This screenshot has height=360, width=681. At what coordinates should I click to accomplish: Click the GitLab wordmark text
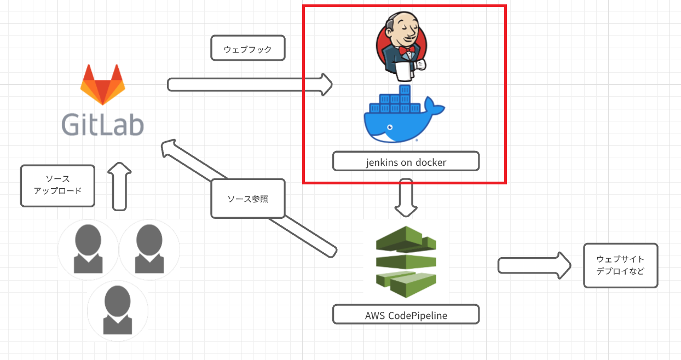(x=102, y=124)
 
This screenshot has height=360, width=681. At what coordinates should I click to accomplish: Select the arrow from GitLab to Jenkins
(x=249, y=84)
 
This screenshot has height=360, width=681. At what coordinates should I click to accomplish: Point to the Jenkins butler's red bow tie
(x=406, y=51)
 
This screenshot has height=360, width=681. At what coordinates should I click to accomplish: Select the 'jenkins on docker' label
(x=406, y=162)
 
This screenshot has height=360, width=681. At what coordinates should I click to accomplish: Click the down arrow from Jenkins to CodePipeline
(x=406, y=197)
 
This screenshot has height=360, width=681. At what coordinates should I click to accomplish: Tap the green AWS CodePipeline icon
(x=406, y=262)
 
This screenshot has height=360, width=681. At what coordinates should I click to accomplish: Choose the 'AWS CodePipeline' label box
(x=406, y=315)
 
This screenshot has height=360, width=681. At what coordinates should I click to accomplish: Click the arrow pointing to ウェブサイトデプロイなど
(x=534, y=265)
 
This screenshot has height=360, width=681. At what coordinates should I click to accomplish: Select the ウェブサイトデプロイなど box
(x=620, y=265)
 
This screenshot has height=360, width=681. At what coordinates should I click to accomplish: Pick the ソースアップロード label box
(x=57, y=186)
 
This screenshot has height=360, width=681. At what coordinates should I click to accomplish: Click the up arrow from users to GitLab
(x=119, y=186)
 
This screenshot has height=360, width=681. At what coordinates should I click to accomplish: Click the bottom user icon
(x=117, y=310)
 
